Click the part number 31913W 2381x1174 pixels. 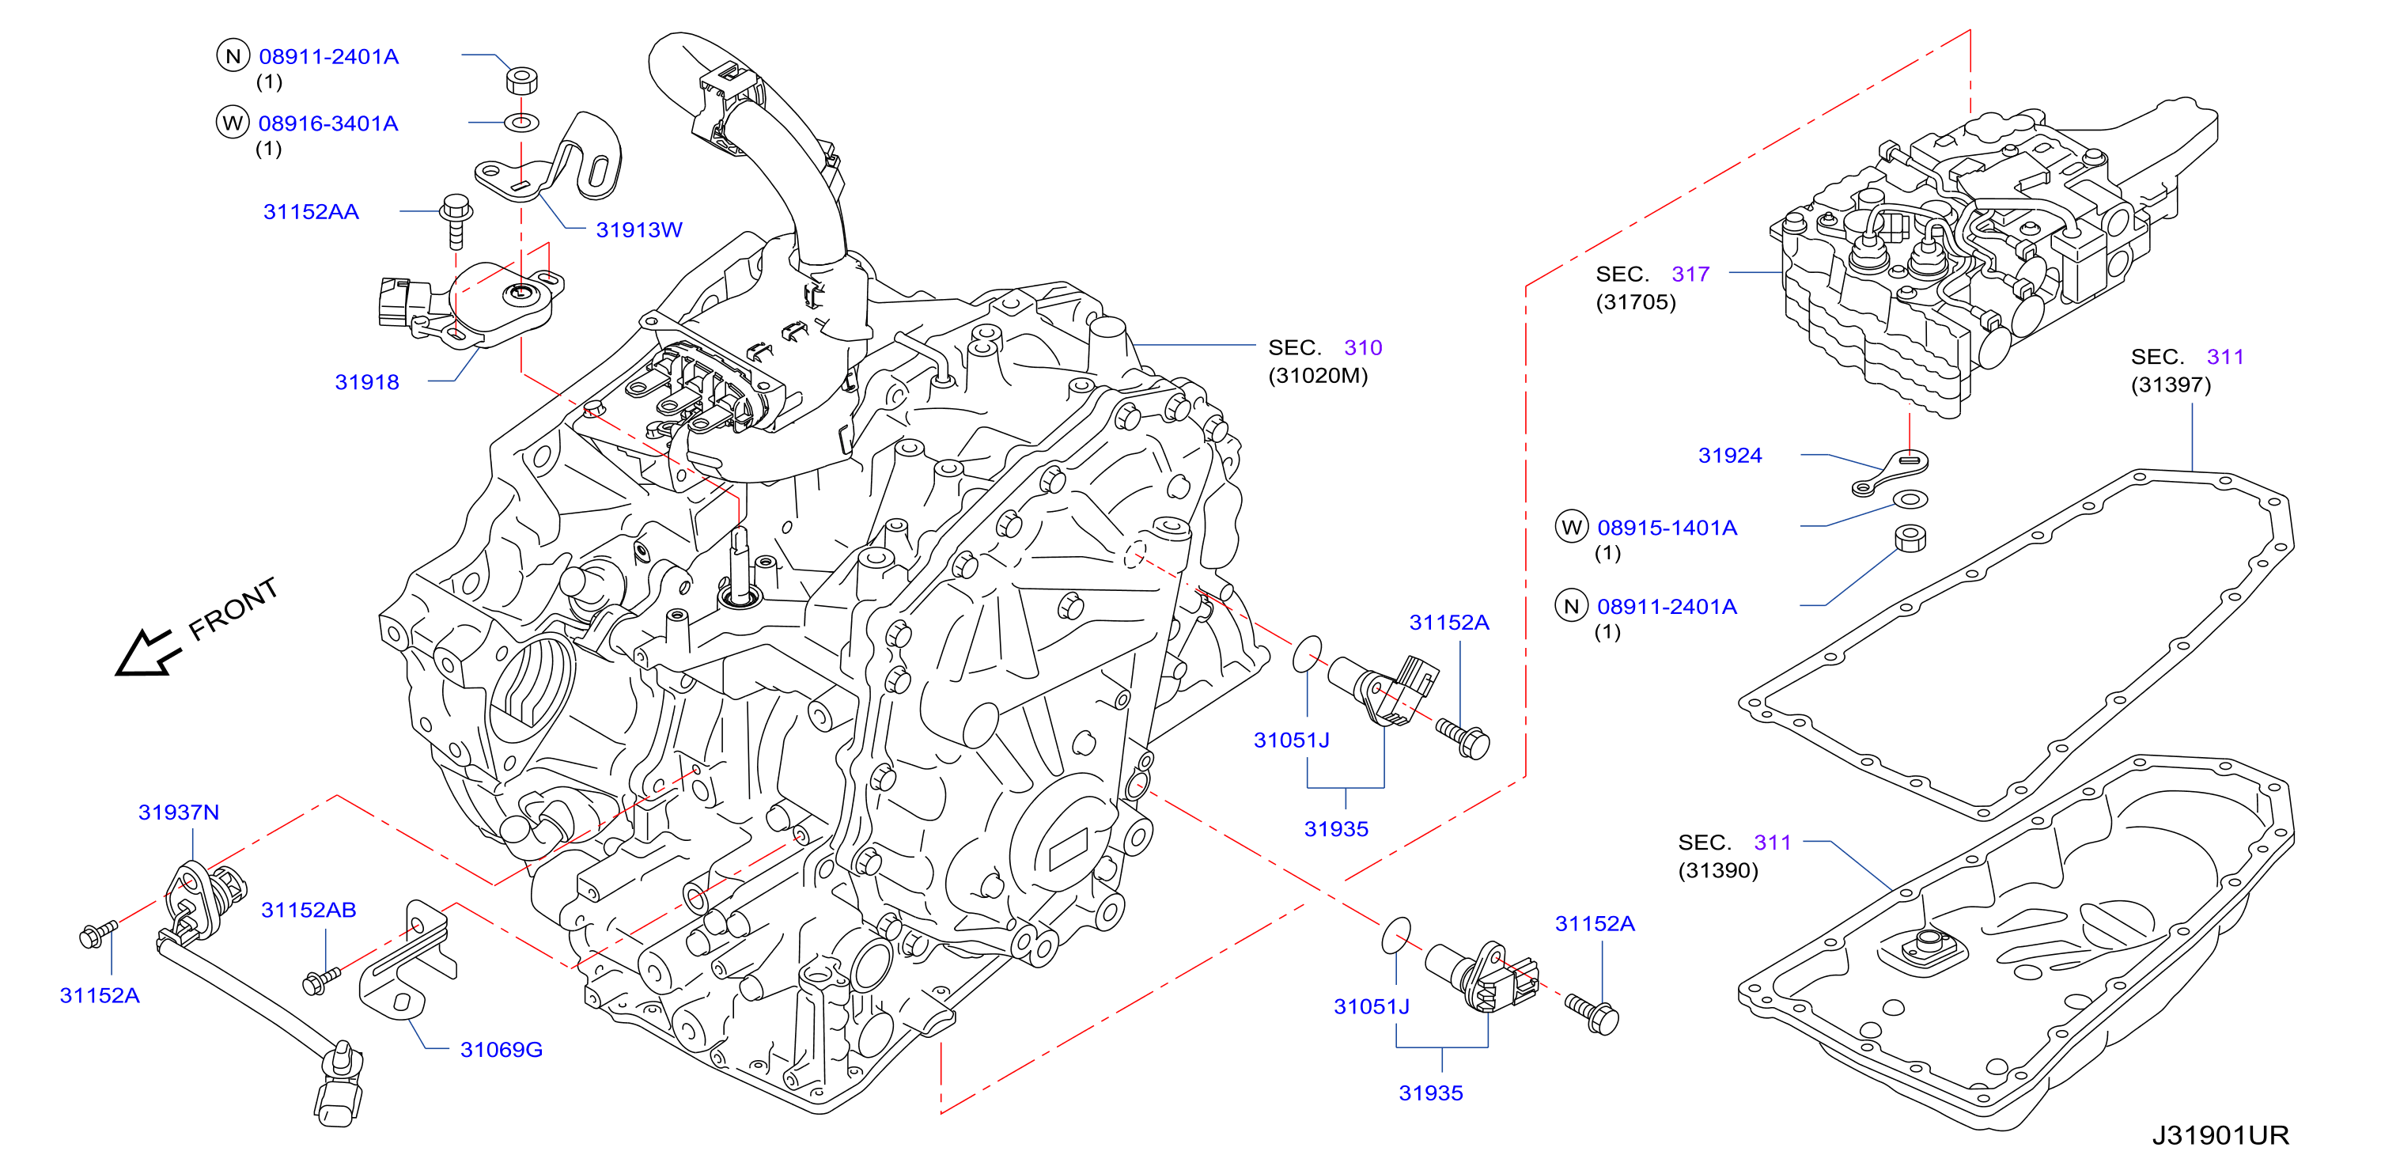pyautogui.click(x=638, y=229)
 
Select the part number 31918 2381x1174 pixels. pyautogui.click(x=367, y=382)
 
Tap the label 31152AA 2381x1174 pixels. pyautogui.click(x=311, y=212)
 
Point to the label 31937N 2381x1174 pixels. pyautogui.click(x=179, y=812)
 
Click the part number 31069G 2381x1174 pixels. pyautogui.click(x=501, y=1049)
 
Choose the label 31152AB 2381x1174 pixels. pyautogui.click(x=309, y=910)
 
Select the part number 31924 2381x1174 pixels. pyautogui.click(x=1730, y=455)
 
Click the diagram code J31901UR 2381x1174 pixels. pyautogui.click(x=2220, y=1135)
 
